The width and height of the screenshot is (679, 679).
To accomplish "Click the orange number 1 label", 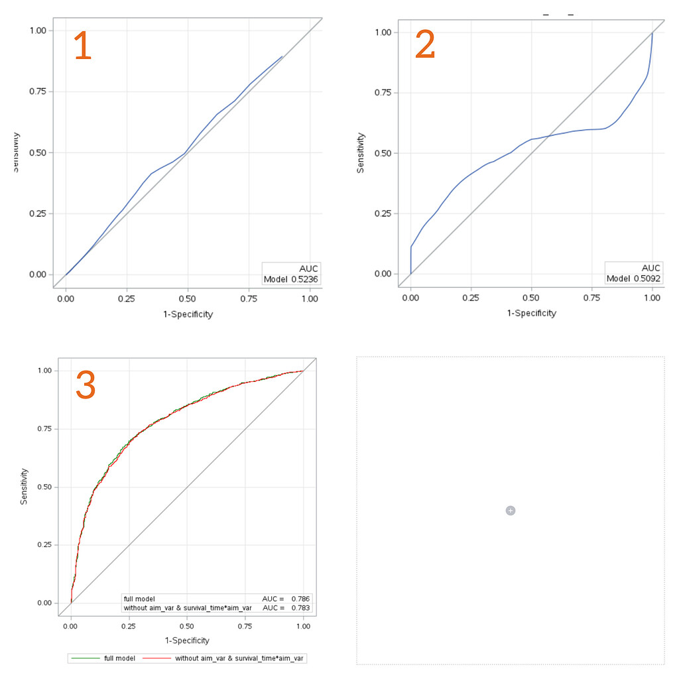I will coord(82,47).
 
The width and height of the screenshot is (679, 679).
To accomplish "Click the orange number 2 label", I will coord(425,46).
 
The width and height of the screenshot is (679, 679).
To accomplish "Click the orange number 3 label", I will coord(86,385).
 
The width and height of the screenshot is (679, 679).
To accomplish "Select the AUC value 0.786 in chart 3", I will coord(300,599).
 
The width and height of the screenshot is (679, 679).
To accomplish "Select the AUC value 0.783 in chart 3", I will coord(300,607).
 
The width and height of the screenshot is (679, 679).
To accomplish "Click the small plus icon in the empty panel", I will coord(510,510).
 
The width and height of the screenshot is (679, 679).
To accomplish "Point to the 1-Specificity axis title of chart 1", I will coord(188,314).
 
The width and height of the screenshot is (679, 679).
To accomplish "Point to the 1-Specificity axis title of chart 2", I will coord(531,313).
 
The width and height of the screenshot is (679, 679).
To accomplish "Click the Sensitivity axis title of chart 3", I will coord(25,486).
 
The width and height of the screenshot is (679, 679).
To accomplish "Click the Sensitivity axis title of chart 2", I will coord(361,153).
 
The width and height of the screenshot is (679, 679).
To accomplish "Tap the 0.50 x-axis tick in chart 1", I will coord(188,300).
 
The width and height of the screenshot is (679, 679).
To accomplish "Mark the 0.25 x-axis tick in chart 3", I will coord(129,625).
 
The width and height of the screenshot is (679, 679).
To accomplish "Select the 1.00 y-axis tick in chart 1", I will coord(41,31).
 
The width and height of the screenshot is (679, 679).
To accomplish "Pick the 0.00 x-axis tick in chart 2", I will coord(410,298).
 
